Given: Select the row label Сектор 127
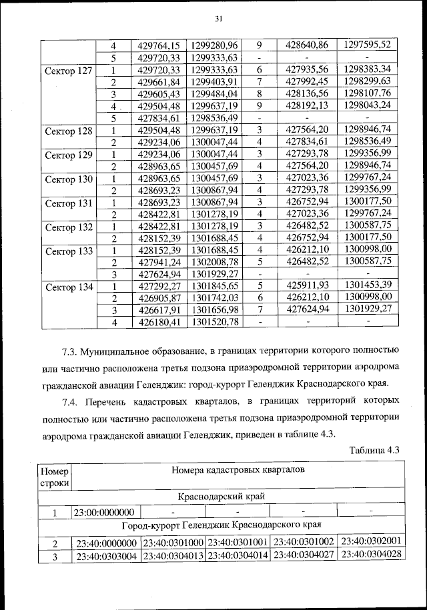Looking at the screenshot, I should click(67, 70).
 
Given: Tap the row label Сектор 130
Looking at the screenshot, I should click(67, 179).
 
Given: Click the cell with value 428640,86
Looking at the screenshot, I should click(307, 45).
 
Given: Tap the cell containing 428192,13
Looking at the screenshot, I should click(307, 106).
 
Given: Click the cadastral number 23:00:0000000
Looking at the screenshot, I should click(106, 512).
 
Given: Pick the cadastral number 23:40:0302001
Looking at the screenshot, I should click(370, 541).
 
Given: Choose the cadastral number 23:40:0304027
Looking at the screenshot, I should click(304, 555).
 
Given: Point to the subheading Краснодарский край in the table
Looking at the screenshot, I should click(221, 497).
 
